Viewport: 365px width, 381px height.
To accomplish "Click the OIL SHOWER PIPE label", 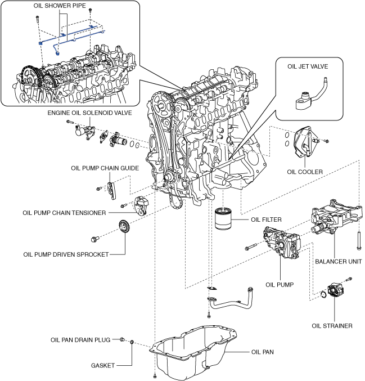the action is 60,6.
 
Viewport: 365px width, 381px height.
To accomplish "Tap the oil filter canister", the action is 223,218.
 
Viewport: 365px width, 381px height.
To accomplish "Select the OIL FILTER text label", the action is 266,219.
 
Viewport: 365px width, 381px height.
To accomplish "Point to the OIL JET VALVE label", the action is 308,66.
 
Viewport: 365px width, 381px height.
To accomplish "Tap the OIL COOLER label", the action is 305,172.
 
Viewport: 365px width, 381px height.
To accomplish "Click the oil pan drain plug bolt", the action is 123,339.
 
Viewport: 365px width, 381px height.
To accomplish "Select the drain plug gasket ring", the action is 132,342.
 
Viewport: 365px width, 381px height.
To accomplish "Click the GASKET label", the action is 103,365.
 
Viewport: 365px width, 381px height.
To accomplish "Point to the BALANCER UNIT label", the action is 339,262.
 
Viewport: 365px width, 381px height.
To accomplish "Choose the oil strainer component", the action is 336,290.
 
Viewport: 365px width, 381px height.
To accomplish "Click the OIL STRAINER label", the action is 332,326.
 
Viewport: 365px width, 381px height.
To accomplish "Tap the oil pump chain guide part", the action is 111,191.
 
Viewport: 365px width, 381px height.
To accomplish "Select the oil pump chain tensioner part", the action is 141,206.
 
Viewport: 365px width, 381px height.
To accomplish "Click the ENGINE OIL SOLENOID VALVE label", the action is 89,113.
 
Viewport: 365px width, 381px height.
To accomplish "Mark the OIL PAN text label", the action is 263,352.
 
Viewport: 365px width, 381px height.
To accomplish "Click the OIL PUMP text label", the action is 280,285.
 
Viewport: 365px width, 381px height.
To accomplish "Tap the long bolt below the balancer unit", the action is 359,240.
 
